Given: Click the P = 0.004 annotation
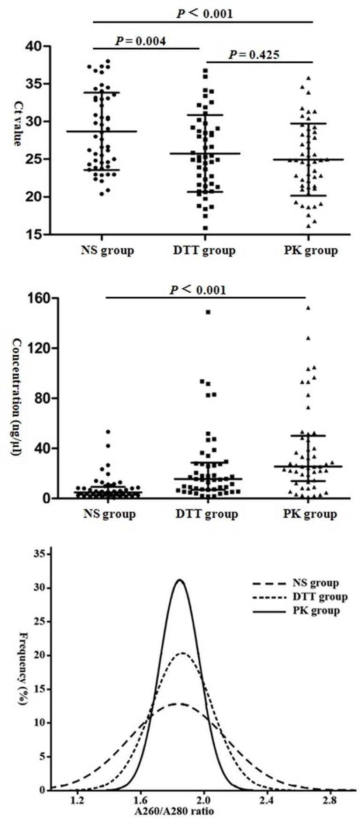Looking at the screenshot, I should [x=141, y=42].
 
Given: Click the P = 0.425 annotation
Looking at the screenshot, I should [x=254, y=55].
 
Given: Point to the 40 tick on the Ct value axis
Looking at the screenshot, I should [x=35, y=47].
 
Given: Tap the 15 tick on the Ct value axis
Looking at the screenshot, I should [x=35, y=234].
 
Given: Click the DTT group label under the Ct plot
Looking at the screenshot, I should [x=203, y=250].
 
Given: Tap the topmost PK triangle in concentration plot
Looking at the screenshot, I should [x=308, y=308].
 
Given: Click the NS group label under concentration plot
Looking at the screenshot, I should [x=109, y=514].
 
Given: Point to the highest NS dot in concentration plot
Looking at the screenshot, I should [x=108, y=431].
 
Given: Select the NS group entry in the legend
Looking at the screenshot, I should [x=295, y=584].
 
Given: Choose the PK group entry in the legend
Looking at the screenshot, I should [x=295, y=611].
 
